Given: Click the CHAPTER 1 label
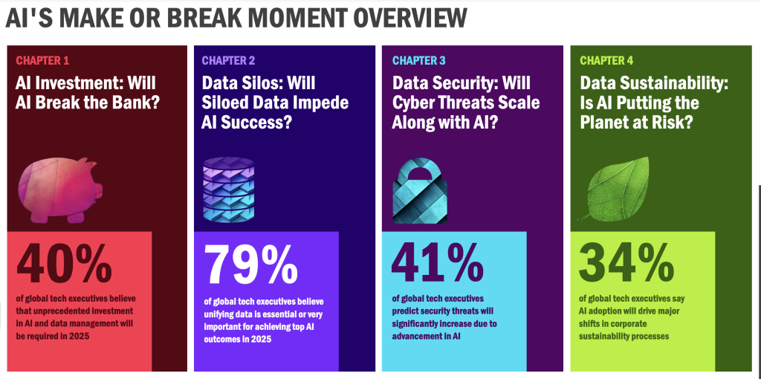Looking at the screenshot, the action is tap(42, 61).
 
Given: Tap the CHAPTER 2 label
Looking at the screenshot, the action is tap(229, 61).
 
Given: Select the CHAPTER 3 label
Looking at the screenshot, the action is tap(419, 61).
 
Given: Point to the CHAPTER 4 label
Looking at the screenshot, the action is tap(606, 61).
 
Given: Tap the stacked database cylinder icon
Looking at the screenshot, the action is tap(228, 189).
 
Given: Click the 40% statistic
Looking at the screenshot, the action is tap(64, 264).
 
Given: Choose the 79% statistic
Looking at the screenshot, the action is tap(250, 264).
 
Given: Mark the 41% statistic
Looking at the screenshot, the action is tap(437, 264).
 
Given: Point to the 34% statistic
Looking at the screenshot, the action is tap(626, 264).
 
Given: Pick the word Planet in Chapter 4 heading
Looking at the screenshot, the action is tap(606, 122).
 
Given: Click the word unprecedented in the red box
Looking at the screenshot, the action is tap(47, 311).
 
